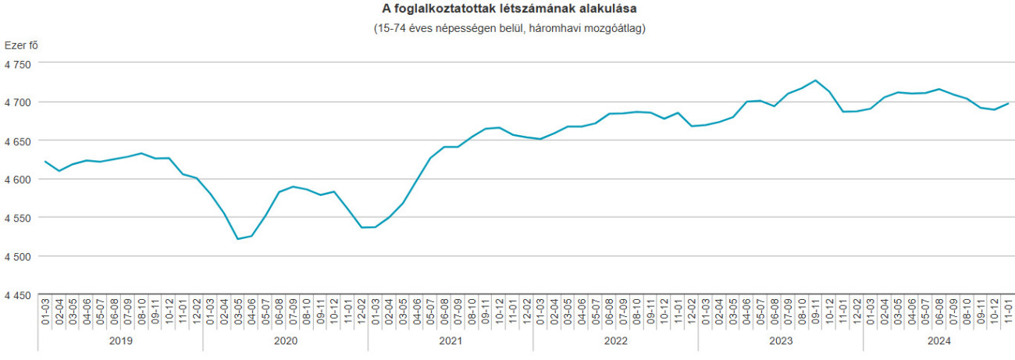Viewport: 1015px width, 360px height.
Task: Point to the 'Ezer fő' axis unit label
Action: coord(21,45)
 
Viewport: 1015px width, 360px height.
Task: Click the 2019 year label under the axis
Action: coord(120,340)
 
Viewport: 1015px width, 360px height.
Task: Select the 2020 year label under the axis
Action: coord(285,340)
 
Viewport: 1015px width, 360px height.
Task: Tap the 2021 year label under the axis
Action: coord(451,340)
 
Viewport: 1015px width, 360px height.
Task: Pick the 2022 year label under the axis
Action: coord(615,340)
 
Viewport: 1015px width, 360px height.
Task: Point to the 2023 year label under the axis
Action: coord(781,340)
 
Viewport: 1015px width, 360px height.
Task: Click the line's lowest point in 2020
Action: coord(237,239)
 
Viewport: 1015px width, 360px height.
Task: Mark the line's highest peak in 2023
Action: coord(815,80)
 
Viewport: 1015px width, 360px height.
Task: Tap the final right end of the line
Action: coord(1008,104)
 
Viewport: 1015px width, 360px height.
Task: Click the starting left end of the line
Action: coord(45,162)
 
